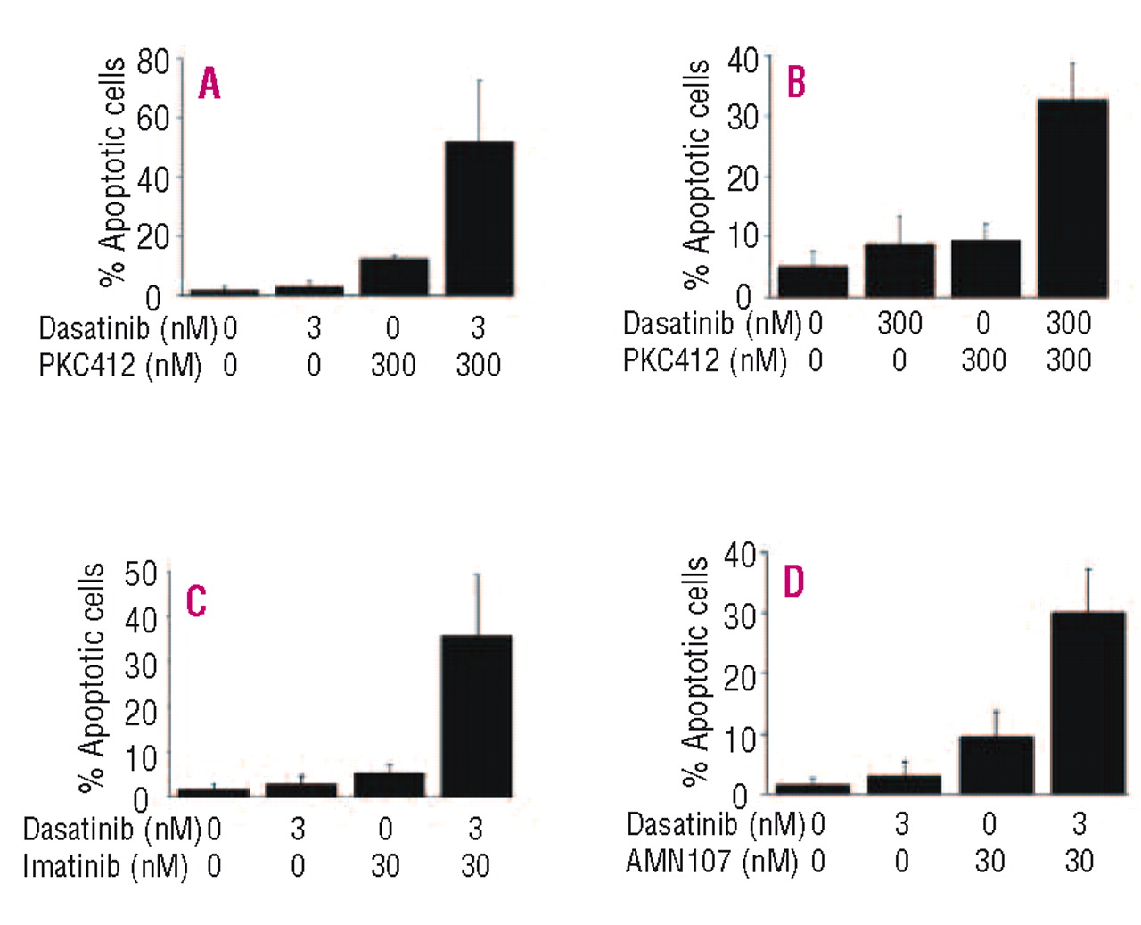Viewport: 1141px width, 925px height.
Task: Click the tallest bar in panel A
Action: click(479, 219)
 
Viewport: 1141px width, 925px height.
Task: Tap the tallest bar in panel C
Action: click(476, 715)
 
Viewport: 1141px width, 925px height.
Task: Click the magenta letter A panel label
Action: click(209, 84)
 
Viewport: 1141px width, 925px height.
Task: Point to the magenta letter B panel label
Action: click(795, 82)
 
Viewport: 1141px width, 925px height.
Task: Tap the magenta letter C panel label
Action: click(196, 601)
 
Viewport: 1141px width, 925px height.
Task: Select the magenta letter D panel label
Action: click(793, 582)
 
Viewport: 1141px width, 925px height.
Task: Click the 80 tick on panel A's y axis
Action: click(152, 62)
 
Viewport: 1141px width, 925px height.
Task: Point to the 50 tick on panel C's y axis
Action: click(141, 574)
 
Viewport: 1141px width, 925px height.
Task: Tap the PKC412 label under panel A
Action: click(86, 365)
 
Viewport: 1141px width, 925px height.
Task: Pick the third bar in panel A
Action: click(393, 277)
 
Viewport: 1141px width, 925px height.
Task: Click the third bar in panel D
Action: click(996, 764)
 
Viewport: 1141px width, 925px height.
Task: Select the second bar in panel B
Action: click(899, 269)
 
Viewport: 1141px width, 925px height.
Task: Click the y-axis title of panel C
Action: click(92, 678)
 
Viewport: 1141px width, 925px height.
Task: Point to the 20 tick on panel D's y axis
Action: click(740, 677)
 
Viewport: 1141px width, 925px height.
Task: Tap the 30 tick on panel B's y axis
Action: click(743, 118)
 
